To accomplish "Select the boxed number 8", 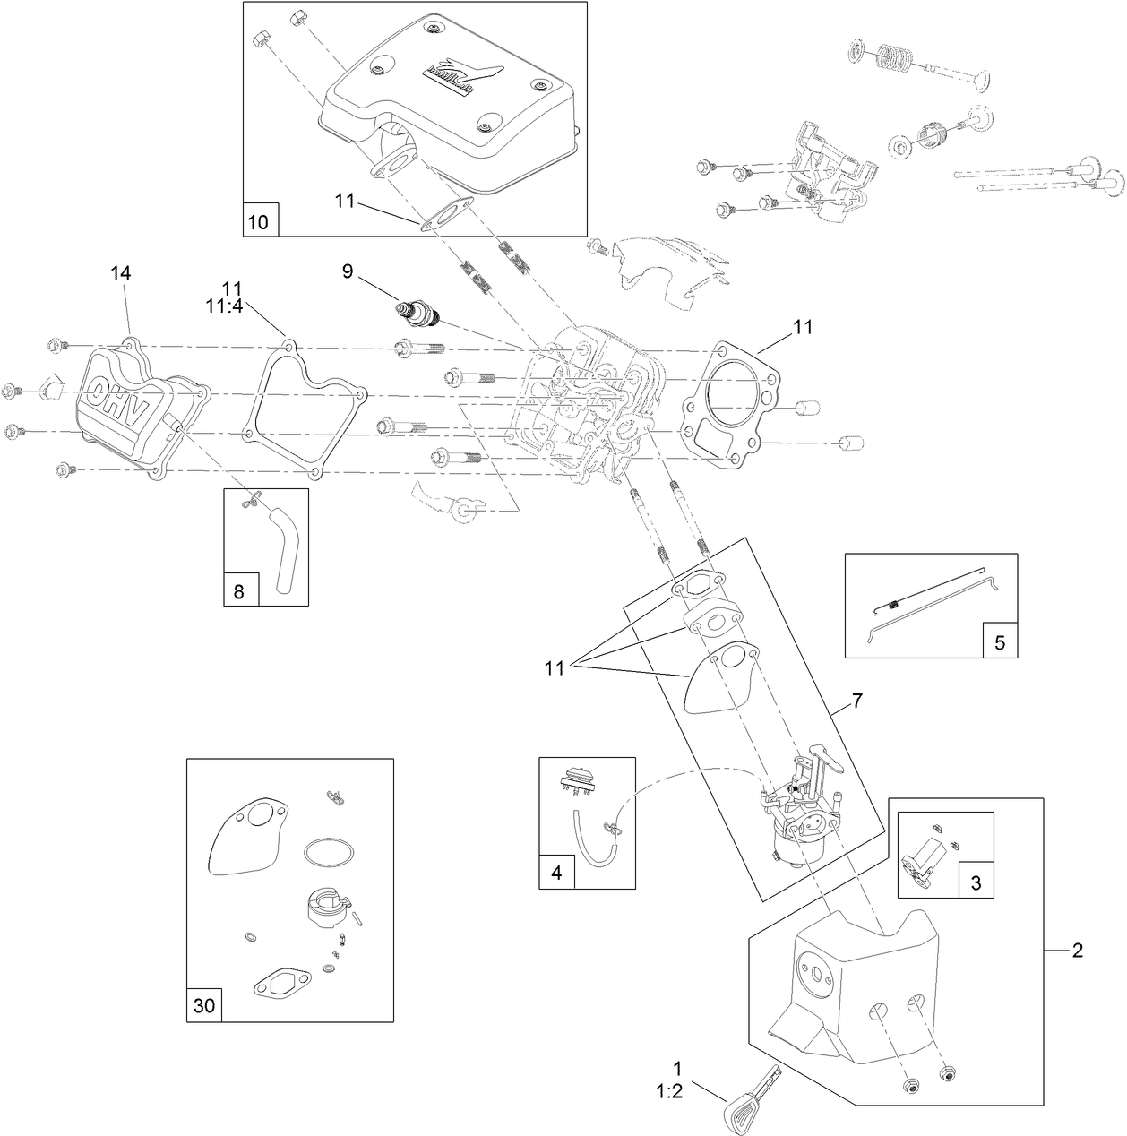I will tap(238, 590).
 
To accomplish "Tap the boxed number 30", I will tap(204, 1005).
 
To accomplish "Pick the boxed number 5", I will tap(1000, 641).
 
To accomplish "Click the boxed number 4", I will tap(556, 873).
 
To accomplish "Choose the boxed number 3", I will tap(976, 882).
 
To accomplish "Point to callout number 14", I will tap(121, 272).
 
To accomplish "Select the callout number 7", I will tap(856, 701).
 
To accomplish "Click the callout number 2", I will tap(1077, 951).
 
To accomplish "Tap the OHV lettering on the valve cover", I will tap(115, 402).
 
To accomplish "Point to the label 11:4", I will tap(232, 306).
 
